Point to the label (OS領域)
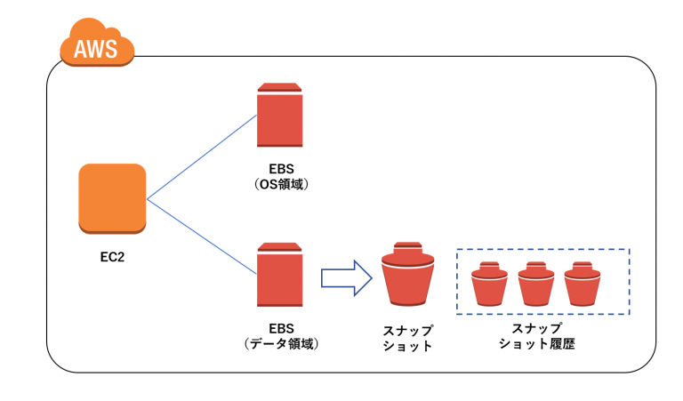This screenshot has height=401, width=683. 280,184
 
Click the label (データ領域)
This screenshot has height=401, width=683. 280,342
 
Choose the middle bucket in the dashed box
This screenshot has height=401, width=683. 535,285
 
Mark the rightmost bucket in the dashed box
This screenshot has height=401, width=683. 583,285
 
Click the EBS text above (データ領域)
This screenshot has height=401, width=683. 280,327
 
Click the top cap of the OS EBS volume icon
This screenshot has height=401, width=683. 280,87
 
